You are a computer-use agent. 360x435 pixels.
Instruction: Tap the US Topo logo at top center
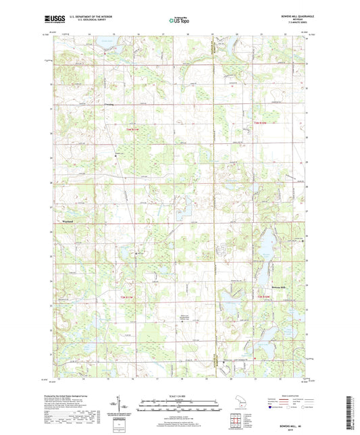pos(174,21)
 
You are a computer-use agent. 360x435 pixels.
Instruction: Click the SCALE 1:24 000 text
pos(180,395)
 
